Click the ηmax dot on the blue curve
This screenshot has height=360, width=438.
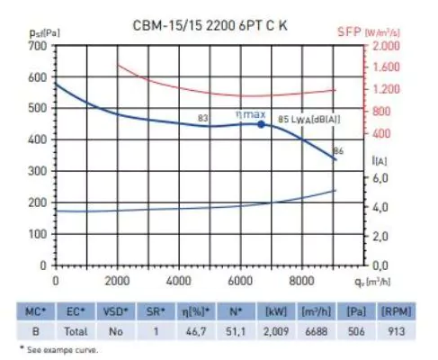pos(262,124)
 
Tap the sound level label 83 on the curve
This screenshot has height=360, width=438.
pos(203,118)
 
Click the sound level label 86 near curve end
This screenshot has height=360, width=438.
pos(338,149)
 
